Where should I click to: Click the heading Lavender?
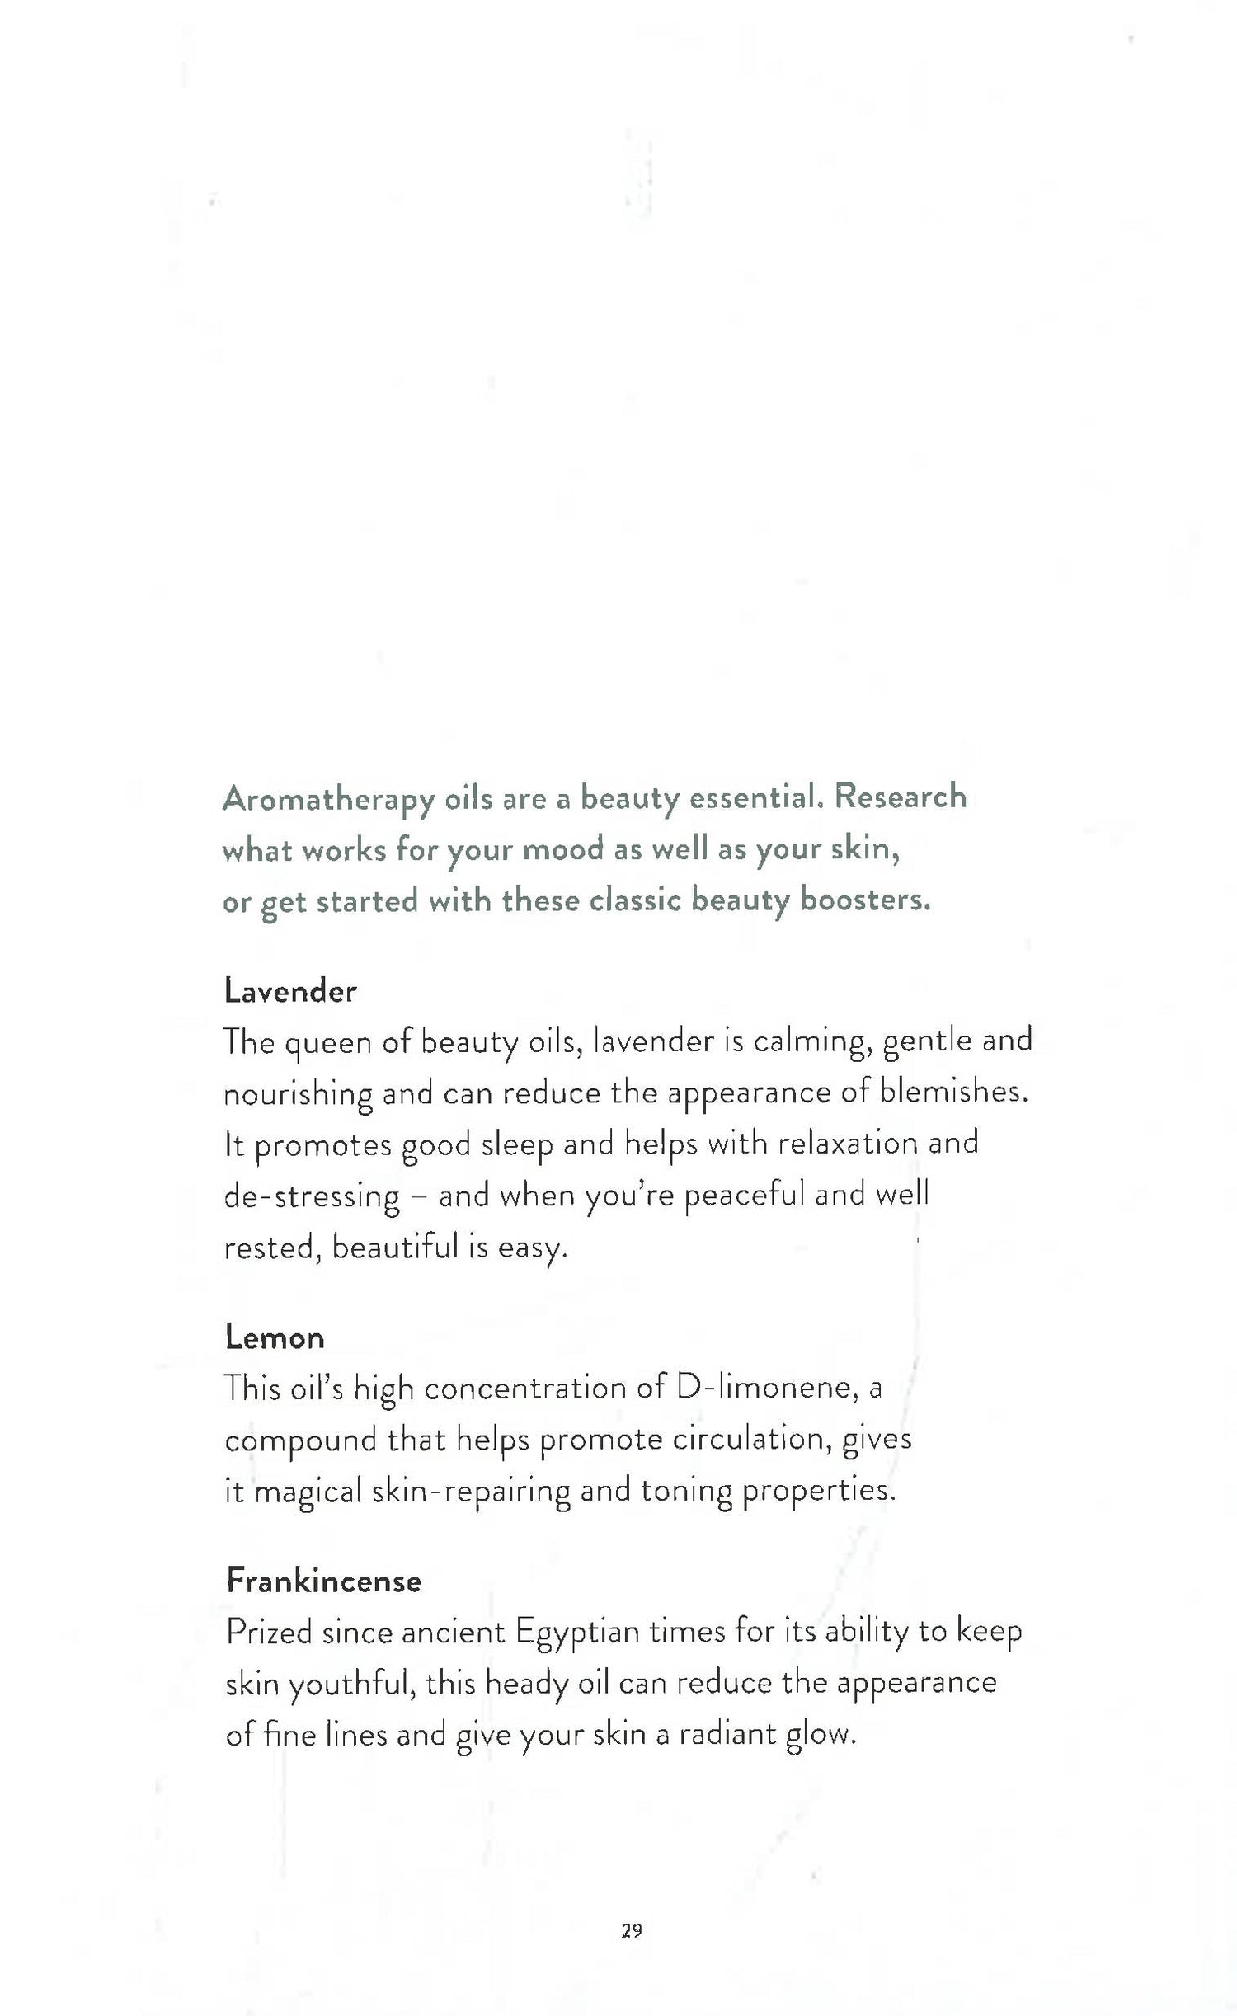click(x=289, y=991)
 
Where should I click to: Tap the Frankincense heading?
click(x=323, y=1581)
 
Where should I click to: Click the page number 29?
click(x=632, y=1929)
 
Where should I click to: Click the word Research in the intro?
click(x=900, y=797)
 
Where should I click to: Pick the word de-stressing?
click(x=312, y=1196)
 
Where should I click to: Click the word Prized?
click(x=269, y=1632)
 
